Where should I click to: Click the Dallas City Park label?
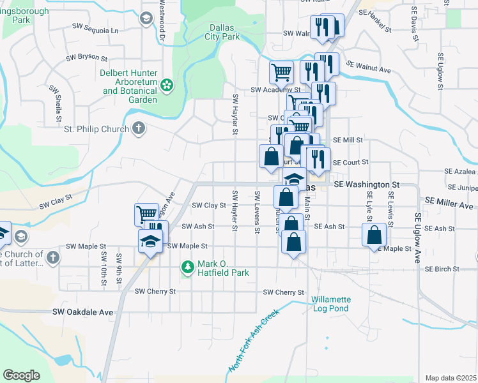click(x=222, y=32)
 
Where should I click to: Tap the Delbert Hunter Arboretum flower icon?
click(x=167, y=84)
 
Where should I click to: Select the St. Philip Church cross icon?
click(x=137, y=129)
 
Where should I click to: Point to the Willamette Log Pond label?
click(x=331, y=303)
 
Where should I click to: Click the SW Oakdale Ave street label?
click(x=82, y=312)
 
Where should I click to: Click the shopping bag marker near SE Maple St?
click(x=374, y=235)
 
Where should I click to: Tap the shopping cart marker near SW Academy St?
click(x=281, y=72)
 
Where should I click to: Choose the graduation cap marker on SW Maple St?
click(x=151, y=242)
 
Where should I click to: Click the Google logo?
click(x=21, y=375)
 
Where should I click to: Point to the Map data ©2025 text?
click(x=451, y=378)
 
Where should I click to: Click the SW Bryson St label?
click(x=86, y=57)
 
